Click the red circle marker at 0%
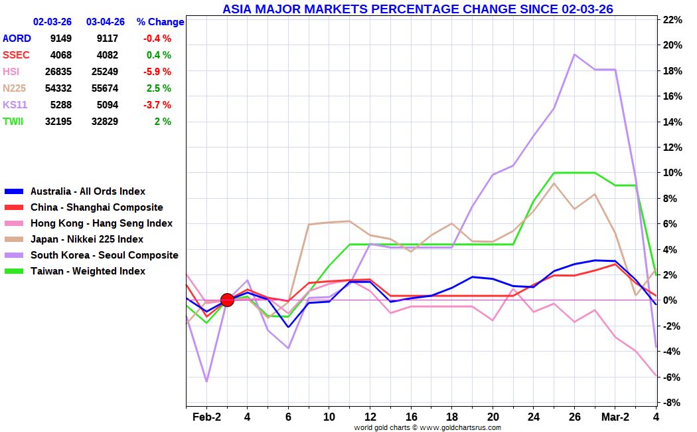(x=227, y=300)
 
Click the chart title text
(x=418, y=9)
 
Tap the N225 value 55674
(x=104, y=88)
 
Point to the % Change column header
(x=160, y=22)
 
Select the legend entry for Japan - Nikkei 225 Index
(x=87, y=239)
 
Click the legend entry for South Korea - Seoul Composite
(x=104, y=255)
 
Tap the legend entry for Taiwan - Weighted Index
(x=88, y=271)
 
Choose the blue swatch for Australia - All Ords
(x=14, y=191)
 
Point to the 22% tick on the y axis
(x=673, y=20)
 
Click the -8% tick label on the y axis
(x=673, y=403)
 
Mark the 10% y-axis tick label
(x=673, y=173)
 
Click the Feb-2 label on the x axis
(x=206, y=417)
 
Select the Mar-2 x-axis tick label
(x=615, y=417)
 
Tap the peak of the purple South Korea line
(x=574, y=54)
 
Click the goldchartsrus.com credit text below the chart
(x=427, y=427)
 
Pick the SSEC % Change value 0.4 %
(x=159, y=55)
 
